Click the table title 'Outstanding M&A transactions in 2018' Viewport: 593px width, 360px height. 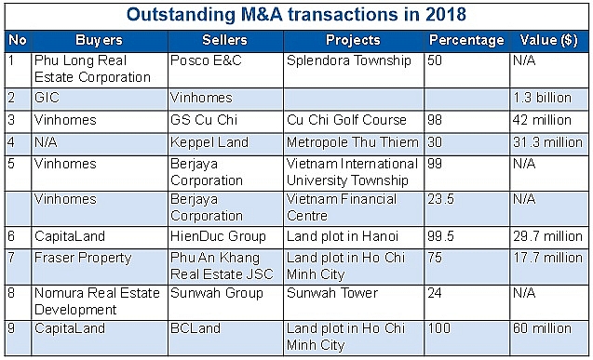[296, 16]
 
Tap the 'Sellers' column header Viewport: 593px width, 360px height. [224, 40]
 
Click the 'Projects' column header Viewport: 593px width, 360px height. [353, 40]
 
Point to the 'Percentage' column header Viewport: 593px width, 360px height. [465, 40]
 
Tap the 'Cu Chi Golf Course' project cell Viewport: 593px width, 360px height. [347, 120]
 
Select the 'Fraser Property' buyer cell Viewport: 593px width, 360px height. [82, 258]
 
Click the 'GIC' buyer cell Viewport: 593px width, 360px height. [45, 98]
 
